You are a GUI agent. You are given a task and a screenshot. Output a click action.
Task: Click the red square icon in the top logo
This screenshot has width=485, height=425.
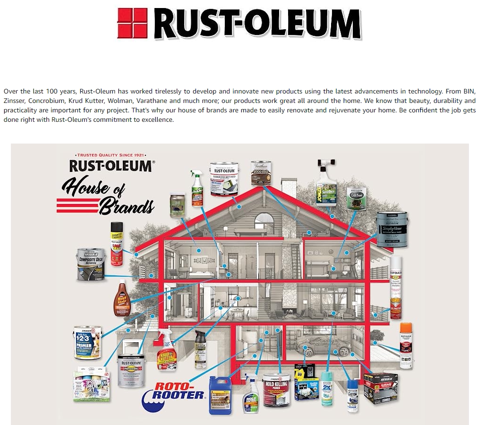133,22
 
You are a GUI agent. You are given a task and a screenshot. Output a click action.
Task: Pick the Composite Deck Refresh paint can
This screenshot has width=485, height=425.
90,264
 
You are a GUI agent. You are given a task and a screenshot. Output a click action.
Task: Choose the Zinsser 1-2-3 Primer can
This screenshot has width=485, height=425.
88,342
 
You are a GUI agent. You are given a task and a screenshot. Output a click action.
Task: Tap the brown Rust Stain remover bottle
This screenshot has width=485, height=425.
122,299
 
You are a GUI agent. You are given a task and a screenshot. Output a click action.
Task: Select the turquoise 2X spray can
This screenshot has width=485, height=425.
326,388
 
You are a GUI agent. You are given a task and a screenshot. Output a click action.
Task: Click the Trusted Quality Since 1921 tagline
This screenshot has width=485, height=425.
111,155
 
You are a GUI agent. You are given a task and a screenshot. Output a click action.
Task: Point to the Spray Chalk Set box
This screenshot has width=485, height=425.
91,385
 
